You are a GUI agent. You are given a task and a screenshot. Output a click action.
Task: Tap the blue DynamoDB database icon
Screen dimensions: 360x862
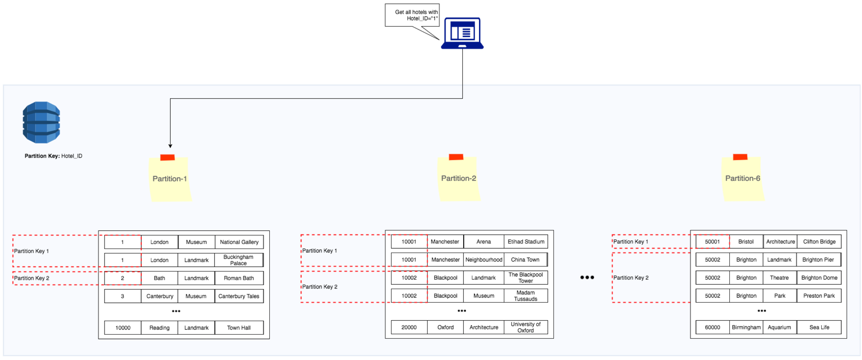click(x=41, y=122)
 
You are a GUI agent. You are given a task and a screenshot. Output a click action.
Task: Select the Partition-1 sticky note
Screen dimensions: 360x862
click(x=170, y=179)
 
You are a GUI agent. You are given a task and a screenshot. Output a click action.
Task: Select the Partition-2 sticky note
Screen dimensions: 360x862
click(x=458, y=178)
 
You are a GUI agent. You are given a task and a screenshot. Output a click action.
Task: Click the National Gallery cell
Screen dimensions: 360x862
click(x=239, y=242)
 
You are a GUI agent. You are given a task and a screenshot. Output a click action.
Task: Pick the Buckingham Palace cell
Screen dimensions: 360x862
click(x=238, y=260)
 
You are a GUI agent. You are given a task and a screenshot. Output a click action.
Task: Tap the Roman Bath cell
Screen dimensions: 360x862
click(x=239, y=278)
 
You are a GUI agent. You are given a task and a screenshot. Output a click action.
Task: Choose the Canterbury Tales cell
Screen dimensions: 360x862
click(x=239, y=296)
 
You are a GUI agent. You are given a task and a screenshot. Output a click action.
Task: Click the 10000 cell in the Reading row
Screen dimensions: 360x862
click(x=123, y=328)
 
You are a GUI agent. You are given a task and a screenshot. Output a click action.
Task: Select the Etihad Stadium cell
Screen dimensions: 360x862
click(x=525, y=242)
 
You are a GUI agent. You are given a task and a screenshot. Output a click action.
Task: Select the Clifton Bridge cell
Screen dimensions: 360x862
click(x=819, y=242)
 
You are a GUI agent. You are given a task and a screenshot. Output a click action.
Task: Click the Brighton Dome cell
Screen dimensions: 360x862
click(x=819, y=278)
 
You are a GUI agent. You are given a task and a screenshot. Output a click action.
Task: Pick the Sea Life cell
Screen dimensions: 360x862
click(x=819, y=327)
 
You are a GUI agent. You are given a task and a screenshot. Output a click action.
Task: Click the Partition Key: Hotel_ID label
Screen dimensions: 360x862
click(x=53, y=156)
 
